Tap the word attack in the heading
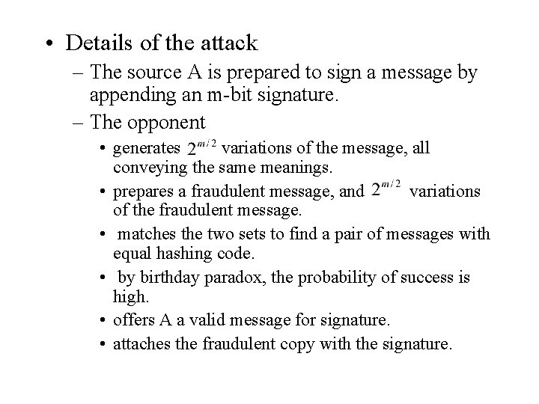point(224,43)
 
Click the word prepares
point(144,192)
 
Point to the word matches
point(148,235)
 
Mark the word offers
point(134,321)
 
